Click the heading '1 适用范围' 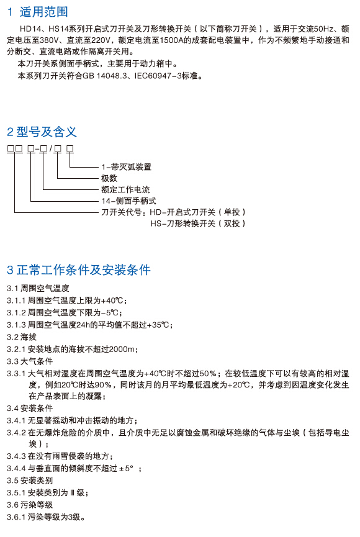click(38, 12)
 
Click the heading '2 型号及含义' click(42, 132)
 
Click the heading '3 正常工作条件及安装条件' click(79, 270)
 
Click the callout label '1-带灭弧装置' click(127, 167)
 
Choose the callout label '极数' click(109, 178)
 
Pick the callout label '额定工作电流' click(125, 189)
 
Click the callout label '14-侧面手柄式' click(128, 201)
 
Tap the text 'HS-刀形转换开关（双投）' click(198, 223)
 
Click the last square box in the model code click(70, 148)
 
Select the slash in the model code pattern click(51, 148)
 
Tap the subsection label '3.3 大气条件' click(30, 361)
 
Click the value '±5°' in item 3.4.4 click(126, 468)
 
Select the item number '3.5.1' click(16, 492)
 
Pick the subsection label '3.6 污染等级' click(30, 505)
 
